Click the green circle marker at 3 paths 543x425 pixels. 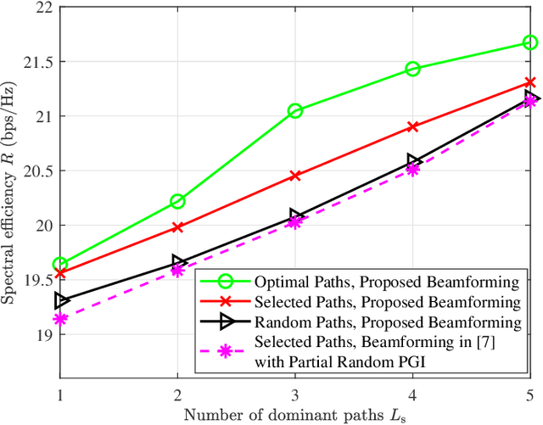coord(295,111)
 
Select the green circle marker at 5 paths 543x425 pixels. coord(530,42)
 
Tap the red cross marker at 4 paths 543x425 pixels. coord(412,126)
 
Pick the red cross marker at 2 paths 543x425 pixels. coord(177,227)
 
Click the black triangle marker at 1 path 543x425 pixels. coord(60,300)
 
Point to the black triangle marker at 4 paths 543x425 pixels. coord(413,160)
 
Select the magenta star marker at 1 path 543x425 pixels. coord(60,319)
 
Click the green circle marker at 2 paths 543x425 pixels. coord(177,201)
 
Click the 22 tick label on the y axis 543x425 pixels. coord(39,8)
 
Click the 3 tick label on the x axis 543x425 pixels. coord(295,394)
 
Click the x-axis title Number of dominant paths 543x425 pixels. coord(294,414)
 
